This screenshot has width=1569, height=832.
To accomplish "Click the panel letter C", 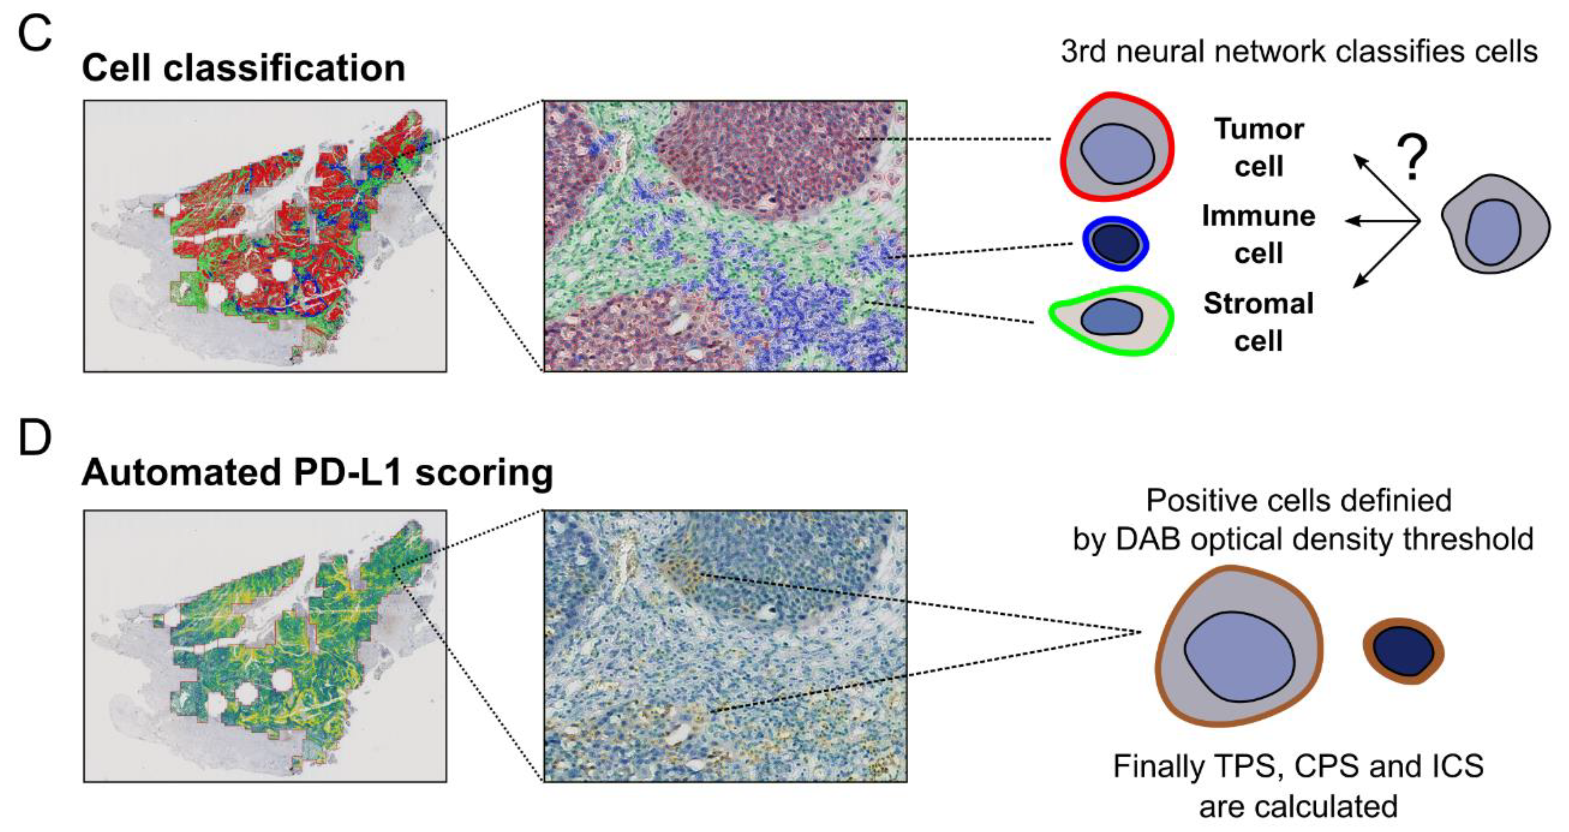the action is pos(35,34).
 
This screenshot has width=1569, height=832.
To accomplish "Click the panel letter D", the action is pos(35,438).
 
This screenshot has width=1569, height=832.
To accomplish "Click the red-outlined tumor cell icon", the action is pos(1117,147).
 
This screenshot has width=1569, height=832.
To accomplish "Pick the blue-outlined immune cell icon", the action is pos(1115,243).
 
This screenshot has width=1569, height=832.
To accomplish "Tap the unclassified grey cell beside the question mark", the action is pos(1495,224).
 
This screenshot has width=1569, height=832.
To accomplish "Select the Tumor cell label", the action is pos(1259,147).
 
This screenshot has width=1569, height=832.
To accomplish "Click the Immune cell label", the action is pos(1258,234).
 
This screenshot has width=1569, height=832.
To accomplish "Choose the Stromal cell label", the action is pos(1258,321).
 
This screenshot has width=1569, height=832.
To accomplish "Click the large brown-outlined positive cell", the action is pos(1239,646).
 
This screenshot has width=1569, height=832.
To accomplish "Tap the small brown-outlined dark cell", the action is pos(1403,651).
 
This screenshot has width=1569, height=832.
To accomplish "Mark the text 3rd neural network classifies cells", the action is pos(1299,52).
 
